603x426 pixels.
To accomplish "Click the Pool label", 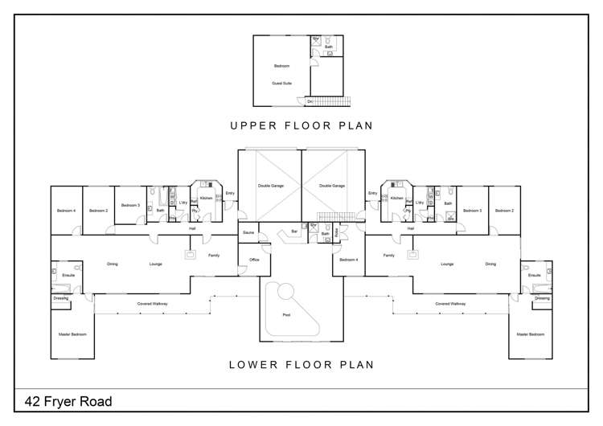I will pos(286,314).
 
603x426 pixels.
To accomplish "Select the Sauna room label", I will pos(248,232).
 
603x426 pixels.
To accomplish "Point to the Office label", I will pos(254,260).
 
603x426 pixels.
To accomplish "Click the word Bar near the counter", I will pos(294,231).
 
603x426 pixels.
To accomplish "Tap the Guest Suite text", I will pos(281,83).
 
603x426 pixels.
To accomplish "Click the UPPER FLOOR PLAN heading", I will pos(301,125).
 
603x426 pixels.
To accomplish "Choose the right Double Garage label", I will pos(332,186).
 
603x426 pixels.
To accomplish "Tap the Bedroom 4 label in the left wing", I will pos(66,211).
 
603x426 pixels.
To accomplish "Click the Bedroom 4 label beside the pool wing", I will pos(348,260).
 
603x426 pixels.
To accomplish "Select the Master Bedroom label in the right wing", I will pos(531,334).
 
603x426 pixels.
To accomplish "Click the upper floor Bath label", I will pos(328,47).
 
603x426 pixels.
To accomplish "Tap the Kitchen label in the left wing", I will pos(206,198).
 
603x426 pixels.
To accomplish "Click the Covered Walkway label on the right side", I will pos(450,304).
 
